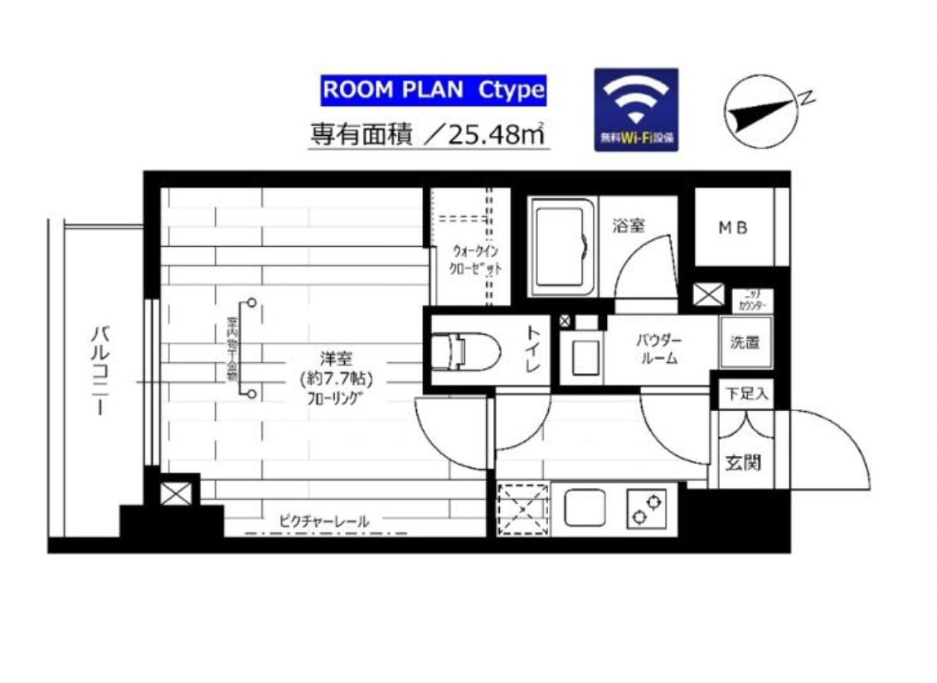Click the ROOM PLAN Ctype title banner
click(x=433, y=90)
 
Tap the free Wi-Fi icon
click(x=636, y=109)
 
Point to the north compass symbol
click(x=760, y=112)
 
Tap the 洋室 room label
click(x=337, y=359)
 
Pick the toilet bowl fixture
click(x=464, y=350)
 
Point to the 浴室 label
click(x=629, y=225)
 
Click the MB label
click(x=732, y=226)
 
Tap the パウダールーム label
click(x=659, y=350)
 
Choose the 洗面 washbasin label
click(x=745, y=342)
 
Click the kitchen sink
click(x=585, y=507)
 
